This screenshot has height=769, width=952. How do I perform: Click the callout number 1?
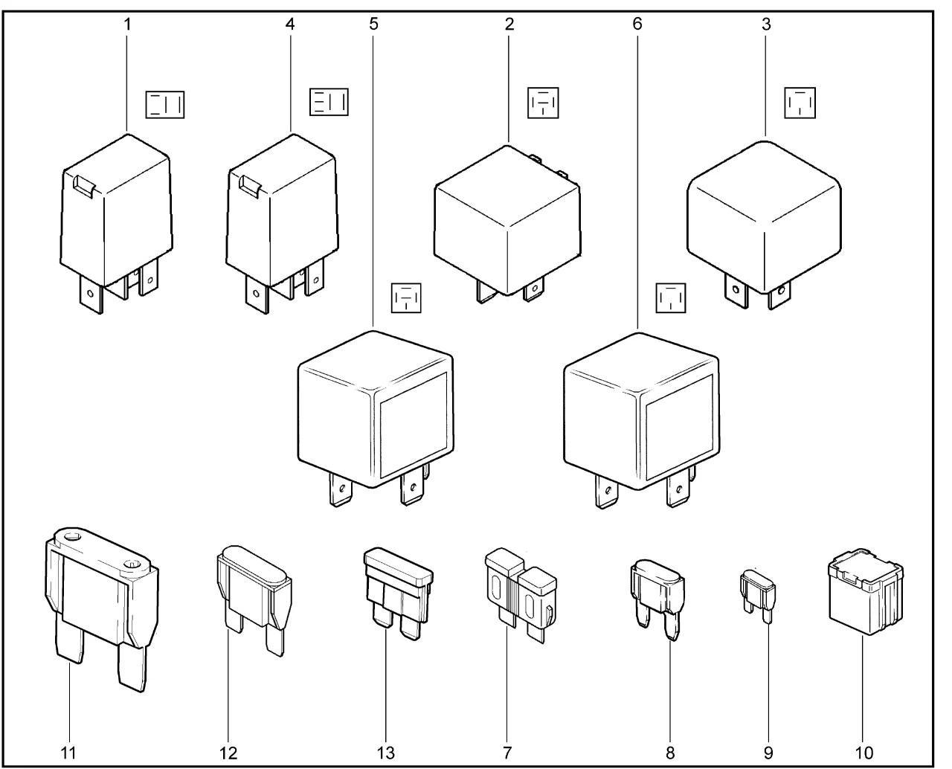[x=127, y=25]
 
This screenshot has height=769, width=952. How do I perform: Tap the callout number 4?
[x=290, y=24]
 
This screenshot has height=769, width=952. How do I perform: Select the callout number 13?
[x=386, y=753]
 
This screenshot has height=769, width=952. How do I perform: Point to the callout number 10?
[x=864, y=753]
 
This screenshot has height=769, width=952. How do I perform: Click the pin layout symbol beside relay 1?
[x=165, y=105]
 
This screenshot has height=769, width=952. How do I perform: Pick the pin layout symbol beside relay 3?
[x=800, y=103]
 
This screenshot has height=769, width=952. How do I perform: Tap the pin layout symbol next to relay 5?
[x=406, y=297]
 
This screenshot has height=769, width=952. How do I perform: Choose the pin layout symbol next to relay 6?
[x=671, y=297]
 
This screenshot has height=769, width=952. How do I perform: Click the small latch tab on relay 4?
[x=251, y=184]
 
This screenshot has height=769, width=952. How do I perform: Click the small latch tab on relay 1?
[x=85, y=185]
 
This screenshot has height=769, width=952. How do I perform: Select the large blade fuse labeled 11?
[x=102, y=608]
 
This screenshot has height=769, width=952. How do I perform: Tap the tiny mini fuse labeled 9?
[x=758, y=596]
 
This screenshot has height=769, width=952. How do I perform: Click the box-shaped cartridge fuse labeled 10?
[x=865, y=591]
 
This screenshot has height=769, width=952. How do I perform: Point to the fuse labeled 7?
[x=521, y=594]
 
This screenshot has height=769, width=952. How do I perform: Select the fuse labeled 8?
[x=657, y=599]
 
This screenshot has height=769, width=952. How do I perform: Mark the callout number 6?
[x=637, y=24]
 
